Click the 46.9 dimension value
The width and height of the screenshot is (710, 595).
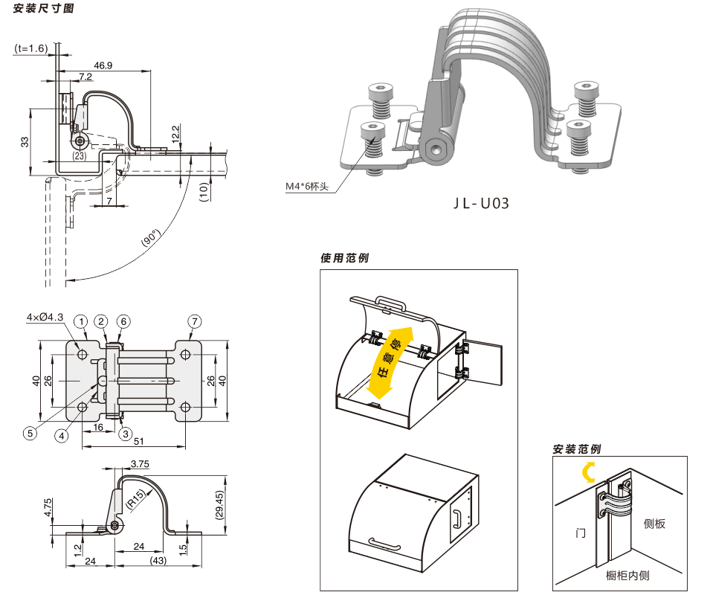pos(103,65)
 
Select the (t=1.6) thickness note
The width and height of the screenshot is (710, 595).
pos(30,48)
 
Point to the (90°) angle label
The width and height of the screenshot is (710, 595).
pos(151,237)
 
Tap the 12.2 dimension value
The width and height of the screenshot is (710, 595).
pos(176,134)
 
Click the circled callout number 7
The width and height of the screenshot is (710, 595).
pos(195,321)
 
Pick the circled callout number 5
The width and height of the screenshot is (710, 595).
pos(30,434)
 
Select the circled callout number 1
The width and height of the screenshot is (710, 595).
pos(81,321)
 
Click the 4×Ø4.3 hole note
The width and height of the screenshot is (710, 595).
pos(45,317)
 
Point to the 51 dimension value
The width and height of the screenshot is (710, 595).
pos(139,440)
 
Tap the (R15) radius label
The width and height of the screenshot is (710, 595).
pos(136,500)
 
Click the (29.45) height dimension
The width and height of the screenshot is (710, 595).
pos(219,505)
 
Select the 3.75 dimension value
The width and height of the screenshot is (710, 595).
pos(140,463)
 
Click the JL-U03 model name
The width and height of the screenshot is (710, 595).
pos(481,203)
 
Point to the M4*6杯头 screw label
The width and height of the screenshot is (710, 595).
pos(306,186)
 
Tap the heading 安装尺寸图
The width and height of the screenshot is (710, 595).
pos(43,8)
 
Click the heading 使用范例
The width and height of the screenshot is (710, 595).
pos(344,257)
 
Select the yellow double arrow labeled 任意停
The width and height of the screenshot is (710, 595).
pos(390,363)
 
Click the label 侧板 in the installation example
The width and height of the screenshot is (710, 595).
pos(654,524)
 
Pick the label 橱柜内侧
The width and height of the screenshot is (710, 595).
pos(627,575)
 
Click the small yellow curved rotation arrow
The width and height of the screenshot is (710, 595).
pos(589,472)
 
